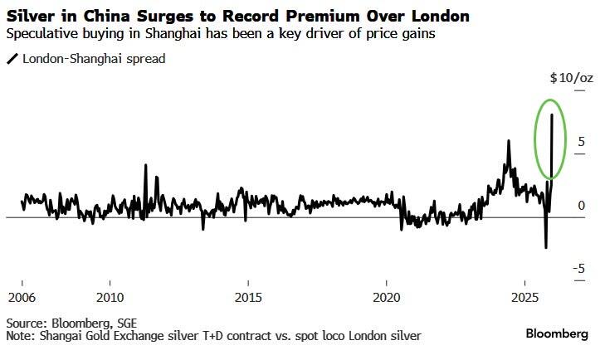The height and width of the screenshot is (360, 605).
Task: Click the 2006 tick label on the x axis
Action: (22, 297)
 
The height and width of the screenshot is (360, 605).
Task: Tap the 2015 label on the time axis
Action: (248, 297)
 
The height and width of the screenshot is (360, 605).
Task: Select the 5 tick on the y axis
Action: (583, 142)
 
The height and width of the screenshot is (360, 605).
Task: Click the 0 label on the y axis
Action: (583, 205)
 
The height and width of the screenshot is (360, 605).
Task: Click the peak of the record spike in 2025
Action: (552, 114)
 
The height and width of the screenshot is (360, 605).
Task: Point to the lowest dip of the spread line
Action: (545, 247)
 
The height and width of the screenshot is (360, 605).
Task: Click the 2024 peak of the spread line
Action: (508, 141)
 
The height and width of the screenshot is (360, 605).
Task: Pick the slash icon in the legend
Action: (12, 59)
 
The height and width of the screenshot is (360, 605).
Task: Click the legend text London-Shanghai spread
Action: (94, 59)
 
